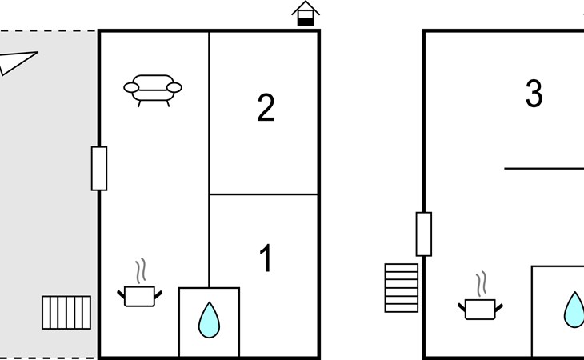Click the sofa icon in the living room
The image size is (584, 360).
click(x=153, y=90)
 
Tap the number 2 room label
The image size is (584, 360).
click(x=266, y=107)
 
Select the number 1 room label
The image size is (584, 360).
click(x=266, y=258)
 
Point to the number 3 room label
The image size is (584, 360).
click(x=534, y=94)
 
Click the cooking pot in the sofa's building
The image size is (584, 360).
click(x=140, y=296)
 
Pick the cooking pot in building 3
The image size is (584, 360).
click(x=481, y=309)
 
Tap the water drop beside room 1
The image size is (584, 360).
click(x=209, y=320)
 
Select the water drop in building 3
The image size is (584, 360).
click(x=574, y=310)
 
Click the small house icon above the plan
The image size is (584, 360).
click(x=306, y=14)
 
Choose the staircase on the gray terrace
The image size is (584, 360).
click(x=66, y=313)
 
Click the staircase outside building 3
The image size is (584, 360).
click(x=402, y=288)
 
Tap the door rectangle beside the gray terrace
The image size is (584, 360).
click(x=99, y=169)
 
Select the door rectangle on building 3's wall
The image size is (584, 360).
click(x=424, y=234)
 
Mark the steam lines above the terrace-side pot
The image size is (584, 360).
click(x=141, y=270)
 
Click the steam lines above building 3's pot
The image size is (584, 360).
click(x=482, y=284)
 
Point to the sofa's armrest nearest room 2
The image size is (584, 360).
click(x=174, y=88)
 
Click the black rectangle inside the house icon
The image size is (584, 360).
click(x=306, y=22)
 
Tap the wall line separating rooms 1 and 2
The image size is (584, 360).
click(x=263, y=194)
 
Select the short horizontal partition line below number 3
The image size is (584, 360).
click(x=544, y=169)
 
